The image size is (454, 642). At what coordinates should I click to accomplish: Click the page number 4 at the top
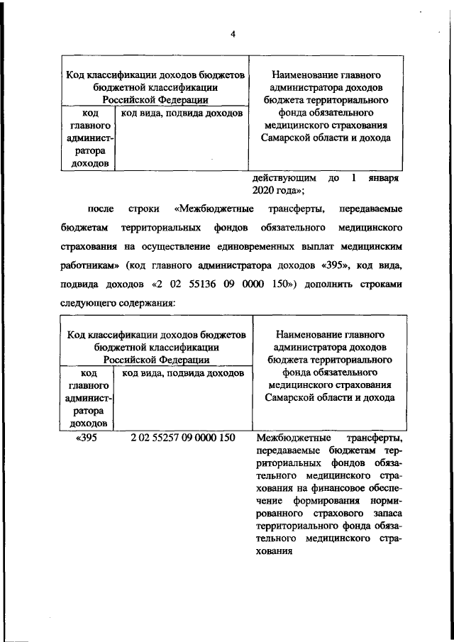pos(232,32)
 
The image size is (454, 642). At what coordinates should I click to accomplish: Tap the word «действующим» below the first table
pos(282,179)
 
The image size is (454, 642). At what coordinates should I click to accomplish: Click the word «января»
pos(384,179)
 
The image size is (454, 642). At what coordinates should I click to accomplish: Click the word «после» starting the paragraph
pos(99,210)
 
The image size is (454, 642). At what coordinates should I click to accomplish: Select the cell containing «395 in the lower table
pos(87,437)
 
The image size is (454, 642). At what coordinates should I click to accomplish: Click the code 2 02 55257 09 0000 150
pos(182,437)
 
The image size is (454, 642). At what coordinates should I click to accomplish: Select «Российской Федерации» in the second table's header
pos(156,359)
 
